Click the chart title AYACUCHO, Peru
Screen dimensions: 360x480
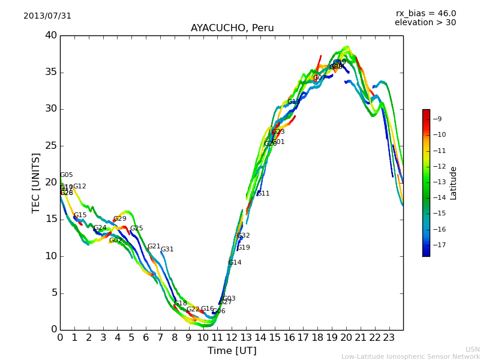[232, 28]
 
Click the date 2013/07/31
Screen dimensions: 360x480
[47, 16]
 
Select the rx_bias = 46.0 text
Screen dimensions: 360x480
[425, 13]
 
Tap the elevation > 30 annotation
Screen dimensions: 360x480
[425, 23]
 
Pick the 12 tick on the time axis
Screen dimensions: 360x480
[232, 337]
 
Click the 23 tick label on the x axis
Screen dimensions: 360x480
[389, 337]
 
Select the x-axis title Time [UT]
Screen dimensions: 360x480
[232, 350]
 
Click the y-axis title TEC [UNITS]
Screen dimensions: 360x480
[37, 182]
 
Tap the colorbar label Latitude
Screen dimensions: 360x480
[454, 183]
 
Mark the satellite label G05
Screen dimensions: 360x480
[66, 175]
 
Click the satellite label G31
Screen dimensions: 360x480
[167, 250]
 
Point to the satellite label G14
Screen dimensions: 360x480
[235, 263]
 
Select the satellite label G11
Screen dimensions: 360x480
[263, 194]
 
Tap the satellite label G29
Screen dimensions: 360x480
[120, 219]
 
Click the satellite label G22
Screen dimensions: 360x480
[193, 310]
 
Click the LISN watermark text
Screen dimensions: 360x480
[472, 349]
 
